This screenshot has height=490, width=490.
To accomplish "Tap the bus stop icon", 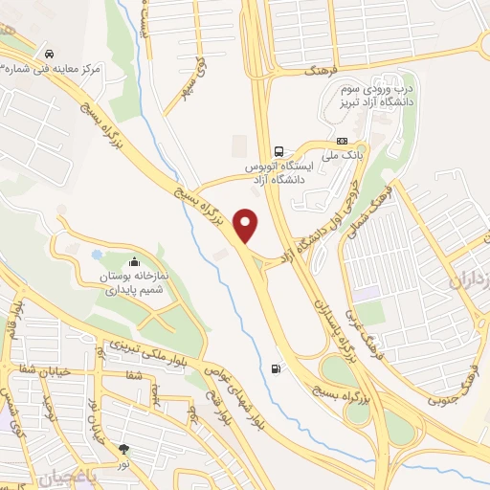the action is point(278,151).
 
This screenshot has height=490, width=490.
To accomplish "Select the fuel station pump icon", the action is point(277,368).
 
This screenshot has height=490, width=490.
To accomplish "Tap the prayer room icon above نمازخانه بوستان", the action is point(132,261).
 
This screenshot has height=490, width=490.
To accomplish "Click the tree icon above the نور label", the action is point(123,447).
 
